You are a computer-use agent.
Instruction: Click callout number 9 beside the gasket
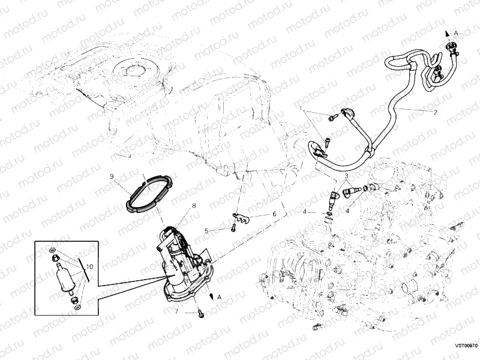[112, 176]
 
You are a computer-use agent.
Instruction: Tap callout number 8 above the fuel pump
[194, 206]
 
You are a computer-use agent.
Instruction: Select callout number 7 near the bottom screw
[176, 311]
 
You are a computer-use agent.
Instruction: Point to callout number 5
[206, 230]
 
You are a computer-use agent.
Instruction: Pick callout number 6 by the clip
[274, 214]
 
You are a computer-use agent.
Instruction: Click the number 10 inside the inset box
[90, 266]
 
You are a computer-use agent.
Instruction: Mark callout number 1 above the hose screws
[301, 109]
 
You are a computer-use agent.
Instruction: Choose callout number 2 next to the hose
[435, 112]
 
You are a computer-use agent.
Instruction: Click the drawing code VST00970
[466, 346]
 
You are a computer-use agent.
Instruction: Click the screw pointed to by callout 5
[231, 229]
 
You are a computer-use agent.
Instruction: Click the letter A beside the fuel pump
[220, 297]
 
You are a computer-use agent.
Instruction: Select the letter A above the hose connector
[455, 32]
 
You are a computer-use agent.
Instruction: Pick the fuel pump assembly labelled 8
[183, 264]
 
